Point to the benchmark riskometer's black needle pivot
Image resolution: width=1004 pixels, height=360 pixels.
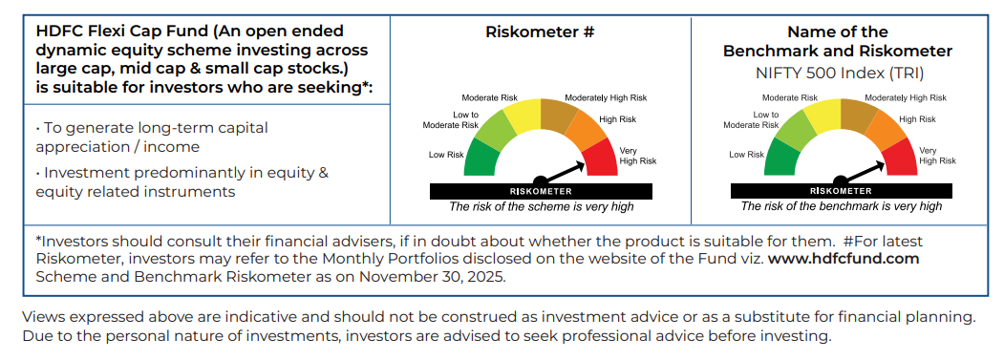click(x=840, y=180)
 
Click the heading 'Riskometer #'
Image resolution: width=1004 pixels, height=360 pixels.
click(x=541, y=32)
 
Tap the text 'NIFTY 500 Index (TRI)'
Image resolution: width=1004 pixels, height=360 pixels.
click(x=840, y=73)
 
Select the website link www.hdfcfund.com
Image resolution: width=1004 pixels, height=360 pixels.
click(x=844, y=260)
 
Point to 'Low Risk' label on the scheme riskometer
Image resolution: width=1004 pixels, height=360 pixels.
click(x=446, y=155)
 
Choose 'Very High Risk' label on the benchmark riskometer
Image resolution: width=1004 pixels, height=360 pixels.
click(x=938, y=156)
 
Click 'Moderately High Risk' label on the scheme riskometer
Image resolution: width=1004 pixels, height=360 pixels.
click(x=606, y=98)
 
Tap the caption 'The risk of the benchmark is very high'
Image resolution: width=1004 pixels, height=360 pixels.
click(x=842, y=206)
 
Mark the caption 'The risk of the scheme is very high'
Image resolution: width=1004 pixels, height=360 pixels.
click(x=541, y=206)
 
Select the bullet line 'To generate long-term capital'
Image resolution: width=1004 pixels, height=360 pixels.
click(x=152, y=128)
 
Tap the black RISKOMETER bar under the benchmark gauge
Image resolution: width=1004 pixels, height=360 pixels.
click(x=842, y=191)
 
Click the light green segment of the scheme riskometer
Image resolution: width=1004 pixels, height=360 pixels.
click(x=494, y=131)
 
